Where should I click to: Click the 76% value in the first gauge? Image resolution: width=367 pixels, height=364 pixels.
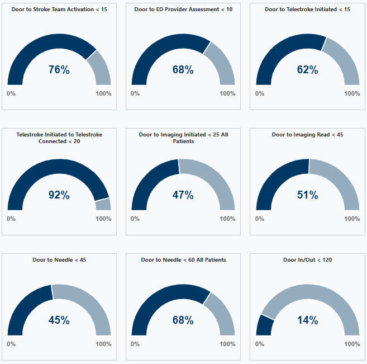click(59, 70)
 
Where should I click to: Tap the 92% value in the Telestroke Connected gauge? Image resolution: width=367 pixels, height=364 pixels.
click(59, 195)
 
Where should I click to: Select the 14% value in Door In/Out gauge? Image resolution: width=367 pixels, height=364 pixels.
click(307, 320)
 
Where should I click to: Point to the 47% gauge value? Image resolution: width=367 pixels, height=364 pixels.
click(183, 195)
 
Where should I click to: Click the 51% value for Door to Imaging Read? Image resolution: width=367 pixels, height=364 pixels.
click(307, 195)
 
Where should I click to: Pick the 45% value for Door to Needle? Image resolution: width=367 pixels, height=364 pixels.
click(59, 320)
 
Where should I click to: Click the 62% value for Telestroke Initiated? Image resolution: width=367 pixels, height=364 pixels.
click(307, 70)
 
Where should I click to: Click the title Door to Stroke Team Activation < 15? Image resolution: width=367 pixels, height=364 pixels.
click(59, 10)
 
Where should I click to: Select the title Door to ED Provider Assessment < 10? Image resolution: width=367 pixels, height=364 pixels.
click(183, 10)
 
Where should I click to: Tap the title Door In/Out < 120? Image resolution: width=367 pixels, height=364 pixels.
click(308, 260)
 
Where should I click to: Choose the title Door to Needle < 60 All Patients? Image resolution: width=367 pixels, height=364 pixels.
click(183, 260)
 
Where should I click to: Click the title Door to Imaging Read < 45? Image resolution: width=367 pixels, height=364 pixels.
click(308, 135)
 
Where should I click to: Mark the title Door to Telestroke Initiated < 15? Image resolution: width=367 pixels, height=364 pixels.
click(308, 10)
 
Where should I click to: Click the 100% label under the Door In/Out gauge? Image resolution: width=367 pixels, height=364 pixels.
click(352, 344)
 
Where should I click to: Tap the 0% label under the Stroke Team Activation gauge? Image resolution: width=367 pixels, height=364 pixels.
click(11, 93)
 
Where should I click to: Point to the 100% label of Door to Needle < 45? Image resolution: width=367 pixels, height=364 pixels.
click(103, 344)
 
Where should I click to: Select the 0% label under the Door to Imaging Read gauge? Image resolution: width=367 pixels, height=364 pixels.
click(260, 219)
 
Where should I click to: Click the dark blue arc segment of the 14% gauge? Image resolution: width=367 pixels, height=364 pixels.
click(265, 326)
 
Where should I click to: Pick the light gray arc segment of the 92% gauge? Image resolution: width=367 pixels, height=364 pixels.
click(103, 204)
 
